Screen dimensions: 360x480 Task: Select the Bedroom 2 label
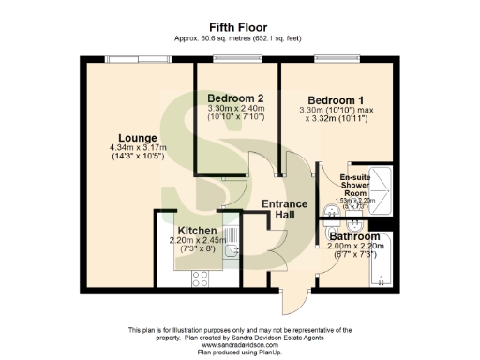click(235, 98)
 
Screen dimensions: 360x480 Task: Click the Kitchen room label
click(198, 231)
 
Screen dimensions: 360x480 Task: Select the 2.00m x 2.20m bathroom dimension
click(352, 247)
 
